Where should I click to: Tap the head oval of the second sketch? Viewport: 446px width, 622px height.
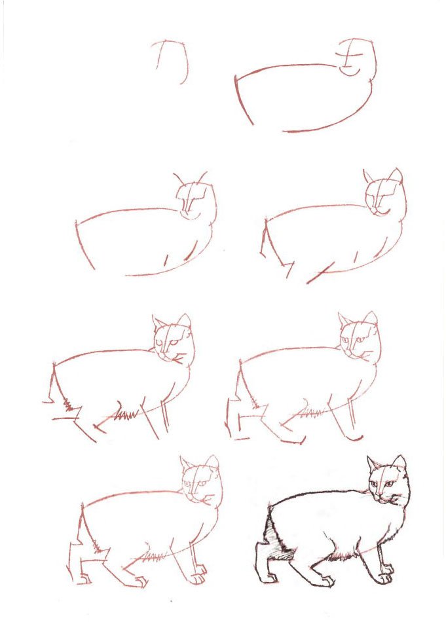pos(358,58)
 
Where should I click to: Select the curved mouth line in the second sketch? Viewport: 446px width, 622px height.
pos(351,71)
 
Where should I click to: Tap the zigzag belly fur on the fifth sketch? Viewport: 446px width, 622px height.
pos(125,414)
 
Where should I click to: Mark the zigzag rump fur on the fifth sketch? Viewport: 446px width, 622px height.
pos(67,404)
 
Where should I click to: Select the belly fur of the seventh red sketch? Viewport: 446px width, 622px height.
pos(153,558)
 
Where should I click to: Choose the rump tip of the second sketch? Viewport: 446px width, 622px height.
pos(236,79)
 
